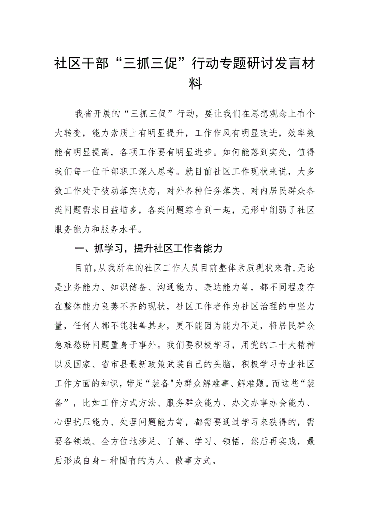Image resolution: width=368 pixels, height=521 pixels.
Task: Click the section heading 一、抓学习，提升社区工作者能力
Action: tap(148, 249)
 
